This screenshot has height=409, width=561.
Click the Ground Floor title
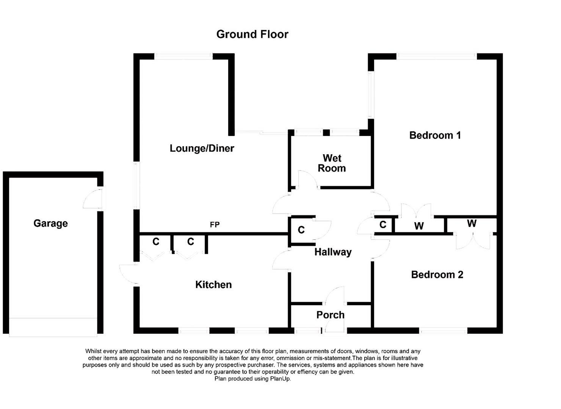252,34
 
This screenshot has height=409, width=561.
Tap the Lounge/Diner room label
202,148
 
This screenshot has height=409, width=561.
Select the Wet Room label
332,163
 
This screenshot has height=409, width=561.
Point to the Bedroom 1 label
435,135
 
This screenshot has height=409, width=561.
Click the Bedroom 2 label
437,275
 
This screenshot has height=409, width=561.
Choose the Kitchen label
213,284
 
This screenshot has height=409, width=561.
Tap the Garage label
50,223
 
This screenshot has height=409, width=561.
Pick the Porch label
330,315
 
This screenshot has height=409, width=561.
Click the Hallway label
333,252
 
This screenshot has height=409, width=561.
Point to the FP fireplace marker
215,225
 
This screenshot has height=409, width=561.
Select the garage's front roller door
53,327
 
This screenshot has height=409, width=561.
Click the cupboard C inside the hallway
301,230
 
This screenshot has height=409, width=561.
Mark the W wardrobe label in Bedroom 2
472,223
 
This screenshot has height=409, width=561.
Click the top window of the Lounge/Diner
183,56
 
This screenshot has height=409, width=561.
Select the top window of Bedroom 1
436,56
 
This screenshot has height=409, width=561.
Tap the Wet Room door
308,180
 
